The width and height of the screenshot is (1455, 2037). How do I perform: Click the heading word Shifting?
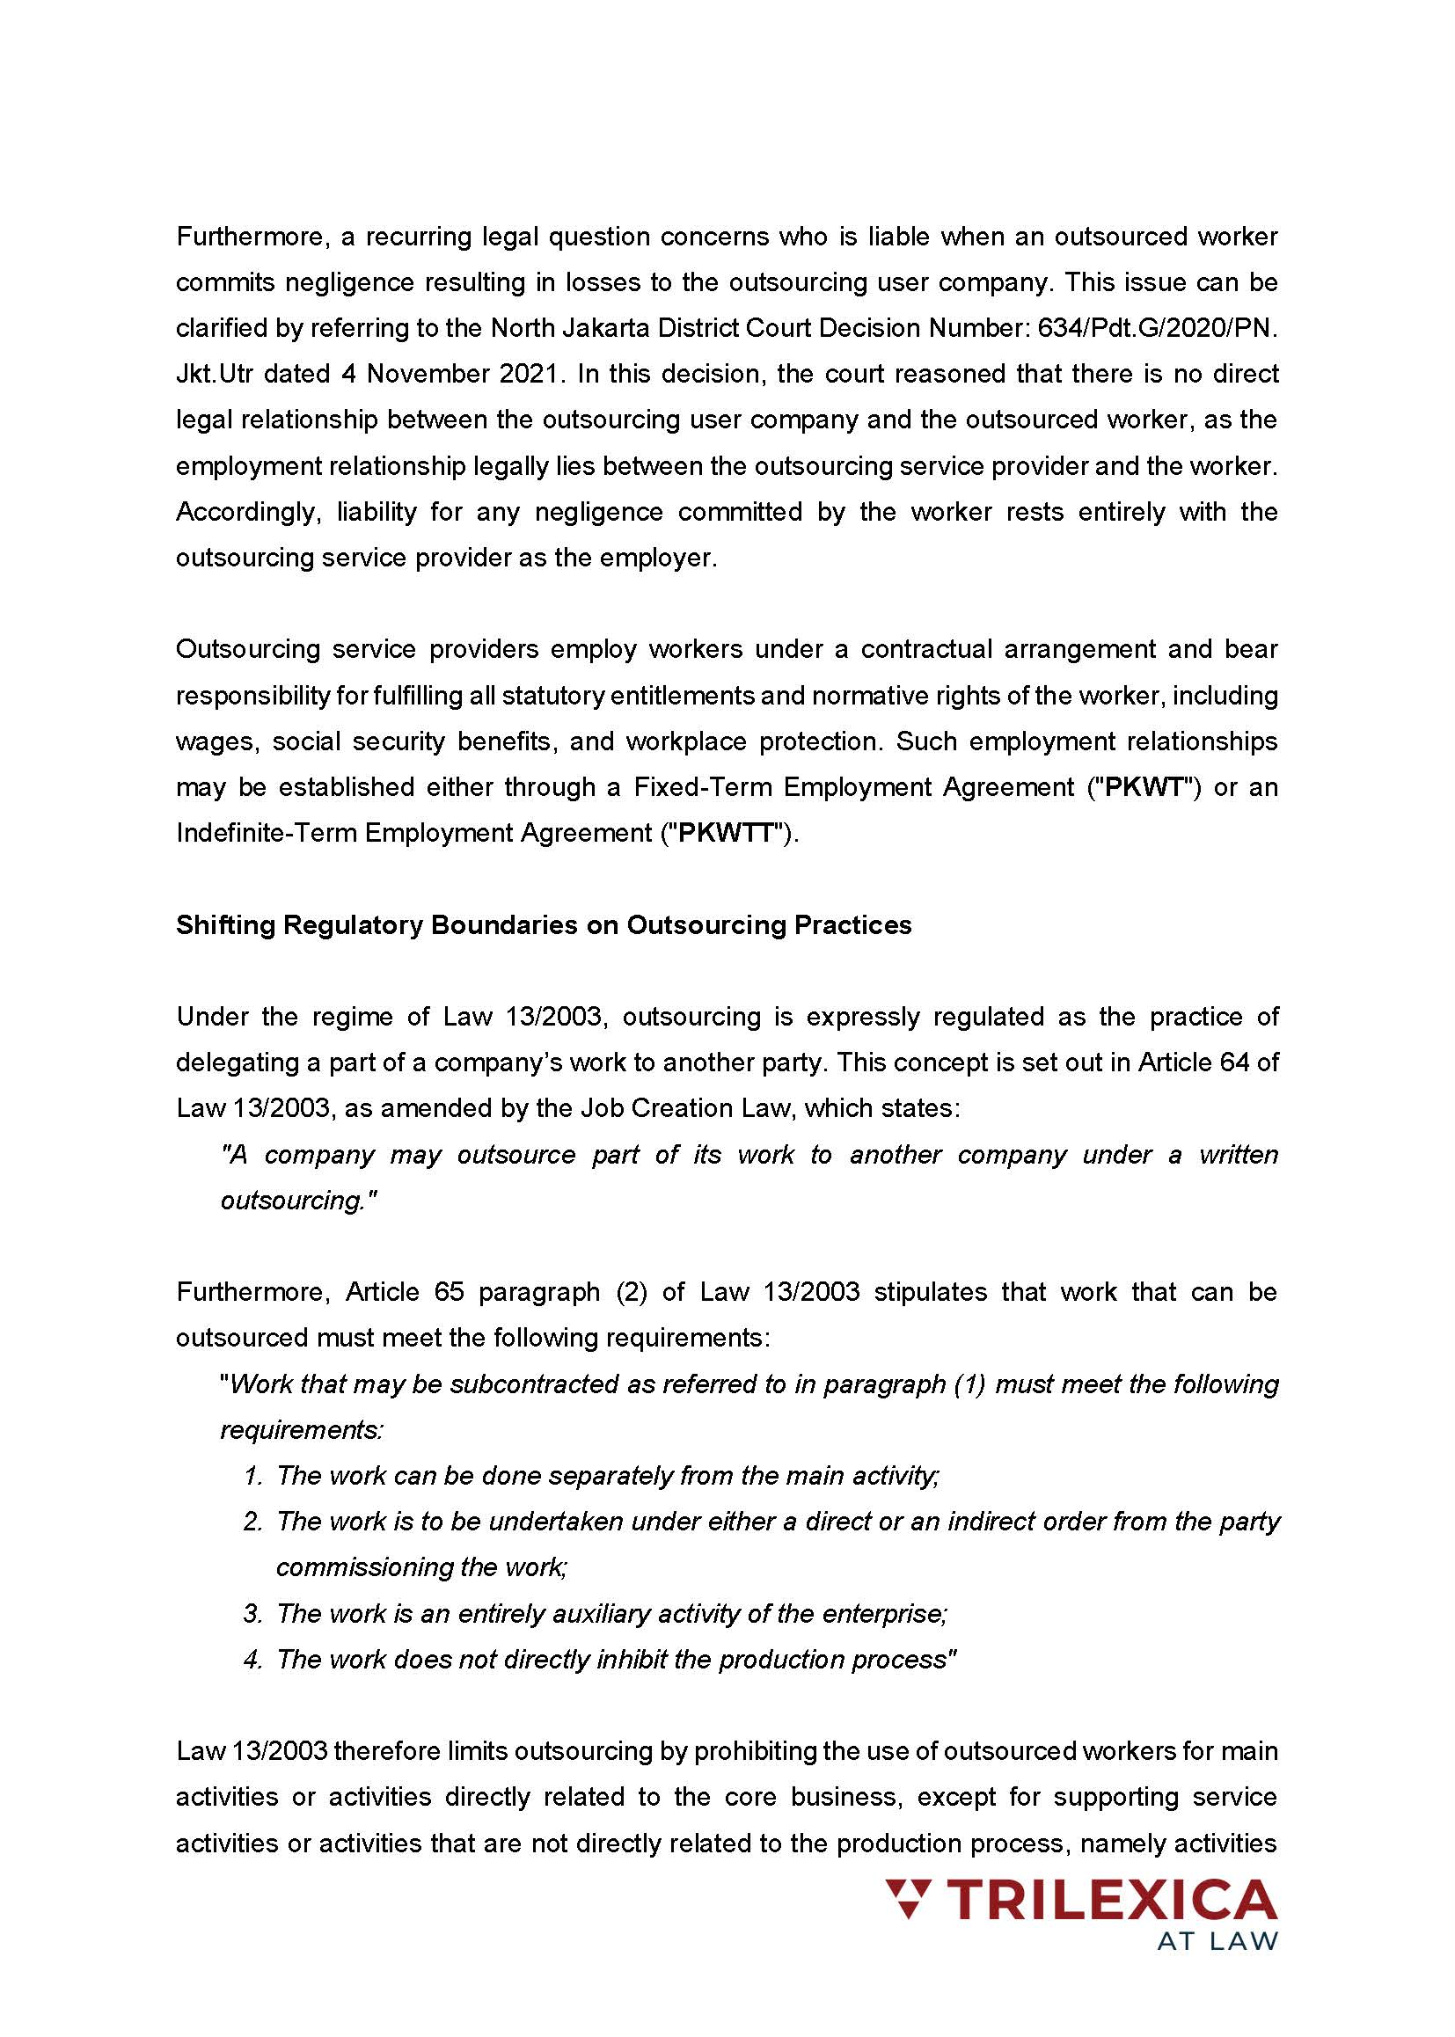point(225,924)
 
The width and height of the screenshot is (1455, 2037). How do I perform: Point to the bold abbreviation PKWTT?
point(726,833)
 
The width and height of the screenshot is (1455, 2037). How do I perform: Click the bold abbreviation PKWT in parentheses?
point(1151,787)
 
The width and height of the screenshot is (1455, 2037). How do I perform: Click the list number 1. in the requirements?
point(252,1475)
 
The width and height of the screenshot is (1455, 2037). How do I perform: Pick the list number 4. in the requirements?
point(252,1659)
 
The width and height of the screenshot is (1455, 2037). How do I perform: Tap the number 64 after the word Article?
point(1234,1062)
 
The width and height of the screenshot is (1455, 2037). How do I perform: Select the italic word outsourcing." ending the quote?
point(298,1201)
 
